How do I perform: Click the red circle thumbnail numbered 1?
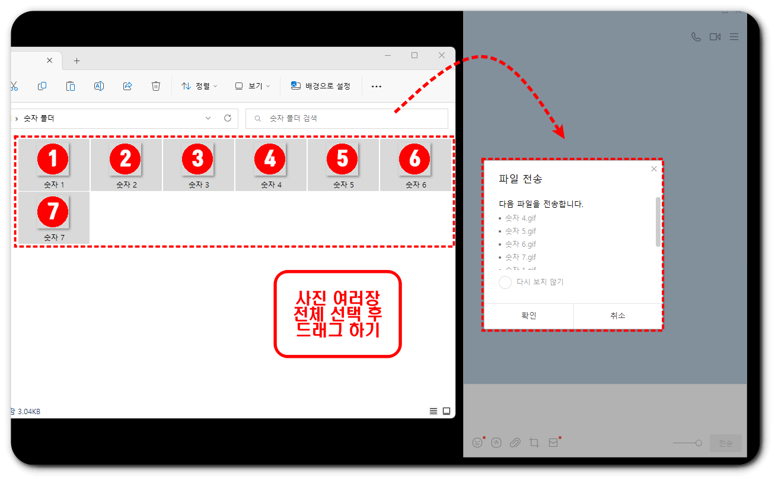pyautogui.click(x=53, y=158)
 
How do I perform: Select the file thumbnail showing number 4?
pyautogui.click(x=270, y=158)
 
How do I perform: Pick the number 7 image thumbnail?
pyautogui.click(x=53, y=212)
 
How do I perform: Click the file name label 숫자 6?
pyautogui.click(x=416, y=185)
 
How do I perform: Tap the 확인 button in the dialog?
pyautogui.click(x=528, y=316)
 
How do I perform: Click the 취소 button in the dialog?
pyautogui.click(x=618, y=316)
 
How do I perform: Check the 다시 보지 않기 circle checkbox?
pyautogui.click(x=505, y=282)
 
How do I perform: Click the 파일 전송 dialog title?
pyautogui.click(x=521, y=179)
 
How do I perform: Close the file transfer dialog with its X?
pyautogui.click(x=653, y=169)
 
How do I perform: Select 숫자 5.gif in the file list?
pyautogui.click(x=521, y=231)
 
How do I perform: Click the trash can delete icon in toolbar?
pyautogui.click(x=156, y=86)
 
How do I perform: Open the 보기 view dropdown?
pyautogui.click(x=253, y=86)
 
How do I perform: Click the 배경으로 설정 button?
pyautogui.click(x=321, y=86)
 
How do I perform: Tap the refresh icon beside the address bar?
pyautogui.click(x=228, y=119)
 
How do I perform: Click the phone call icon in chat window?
pyautogui.click(x=696, y=37)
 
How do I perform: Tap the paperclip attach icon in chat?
pyautogui.click(x=515, y=443)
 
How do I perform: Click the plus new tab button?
pyautogui.click(x=76, y=61)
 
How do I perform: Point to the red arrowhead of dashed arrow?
pyautogui.click(x=559, y=133)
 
